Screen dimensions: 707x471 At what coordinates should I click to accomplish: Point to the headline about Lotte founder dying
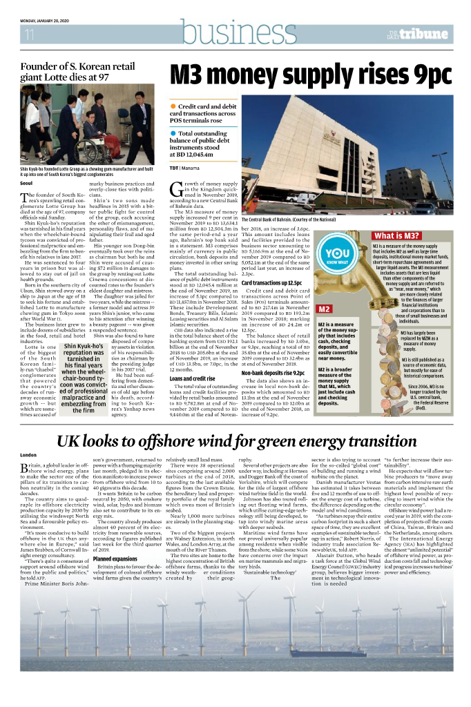coord(65,72)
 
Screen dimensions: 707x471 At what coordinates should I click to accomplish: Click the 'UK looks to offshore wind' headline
coord(235,442)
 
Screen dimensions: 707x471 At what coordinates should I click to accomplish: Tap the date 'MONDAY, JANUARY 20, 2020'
coord(52,20)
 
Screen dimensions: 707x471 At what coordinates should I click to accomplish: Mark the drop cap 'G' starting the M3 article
coord(176,188)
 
